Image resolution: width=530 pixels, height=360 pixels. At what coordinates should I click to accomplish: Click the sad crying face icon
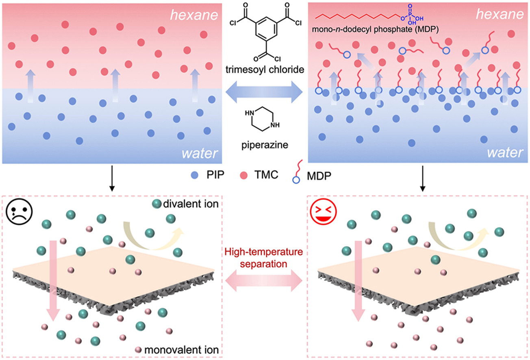(x=19, y=211)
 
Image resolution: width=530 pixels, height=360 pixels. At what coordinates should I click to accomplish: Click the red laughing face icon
(x=323, y=211)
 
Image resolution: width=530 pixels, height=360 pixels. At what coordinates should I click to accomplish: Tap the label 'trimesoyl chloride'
(x=265, y=69)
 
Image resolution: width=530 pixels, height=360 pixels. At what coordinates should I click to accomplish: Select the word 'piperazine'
(x=265, y=145)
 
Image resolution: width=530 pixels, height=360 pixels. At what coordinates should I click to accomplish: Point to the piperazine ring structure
(x=263, y=119)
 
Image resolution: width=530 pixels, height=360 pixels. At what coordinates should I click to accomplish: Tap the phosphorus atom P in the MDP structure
(x=410, y=15)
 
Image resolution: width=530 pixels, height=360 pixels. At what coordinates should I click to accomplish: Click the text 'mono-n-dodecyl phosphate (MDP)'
(x=375, y=30)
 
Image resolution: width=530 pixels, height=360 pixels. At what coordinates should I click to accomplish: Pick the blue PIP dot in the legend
(x=195, y=175)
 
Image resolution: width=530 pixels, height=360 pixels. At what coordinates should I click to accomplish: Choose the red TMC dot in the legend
(x=244, y=175)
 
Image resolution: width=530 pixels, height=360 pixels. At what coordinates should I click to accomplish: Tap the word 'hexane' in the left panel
(x=194, y=15)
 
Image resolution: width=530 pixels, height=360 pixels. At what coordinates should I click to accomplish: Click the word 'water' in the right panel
(x=505, y=153)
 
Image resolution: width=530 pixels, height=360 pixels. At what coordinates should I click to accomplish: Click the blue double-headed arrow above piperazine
(x=264, y=92)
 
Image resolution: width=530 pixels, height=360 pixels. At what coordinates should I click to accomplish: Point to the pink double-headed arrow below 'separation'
(x=264, y=281)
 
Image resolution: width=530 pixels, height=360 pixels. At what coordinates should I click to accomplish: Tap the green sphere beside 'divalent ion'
(x=156, y=204)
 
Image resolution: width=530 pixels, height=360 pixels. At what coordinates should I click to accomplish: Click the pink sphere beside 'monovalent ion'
(x=138, y=349)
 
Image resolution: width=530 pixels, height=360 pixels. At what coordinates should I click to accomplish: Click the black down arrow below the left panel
(x=112, y=178)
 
